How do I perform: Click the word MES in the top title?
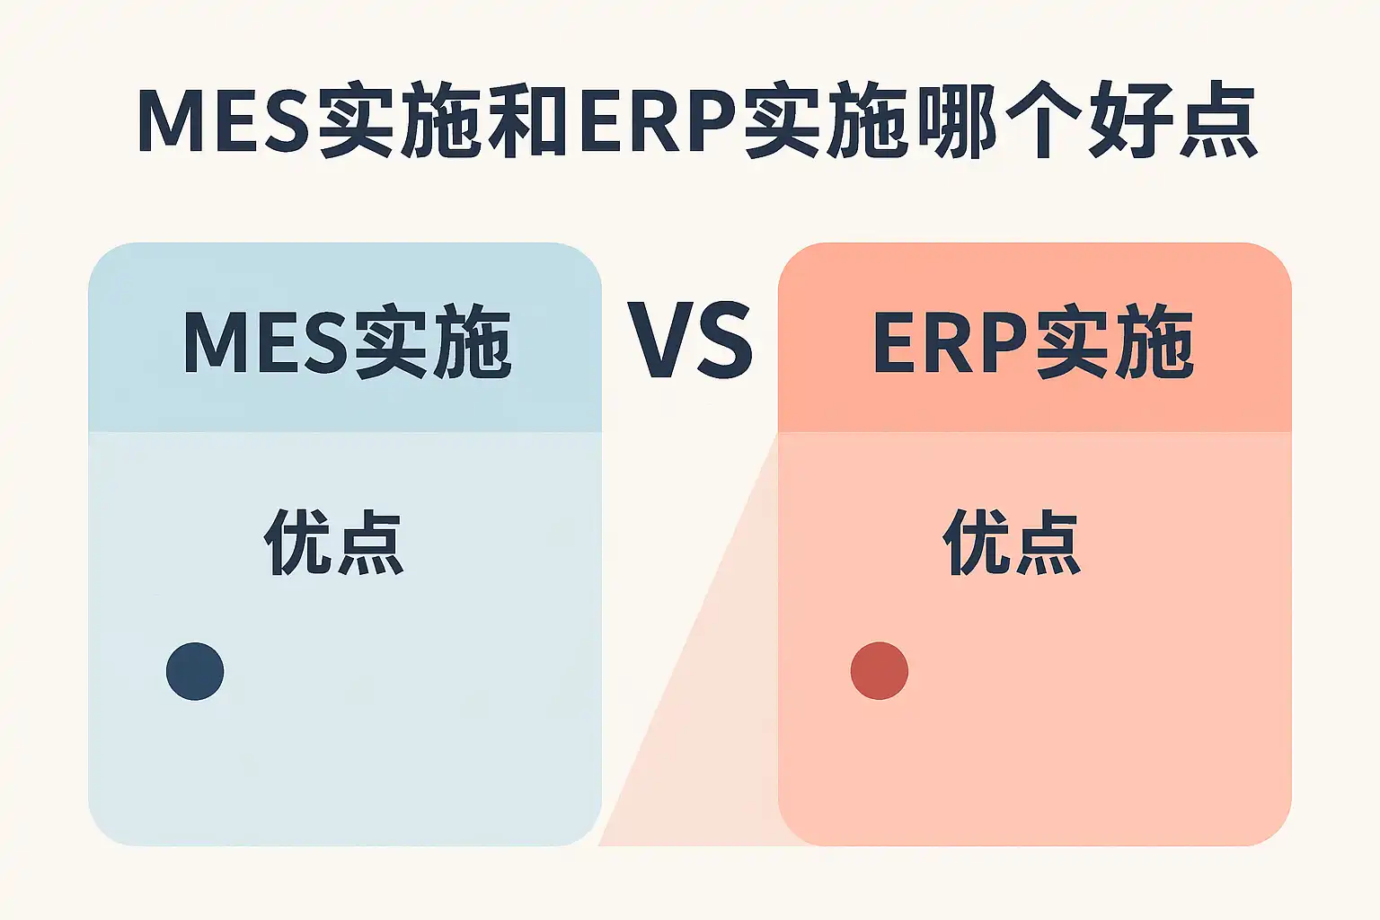[x=223, y=119]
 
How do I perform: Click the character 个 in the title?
[x=1042, y=119]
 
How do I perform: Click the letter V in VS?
[x=660, y=341]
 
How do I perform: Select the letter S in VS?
[x=724, y=341]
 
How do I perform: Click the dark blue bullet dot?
[x=195, y=671]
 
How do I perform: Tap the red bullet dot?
[x=880, y=671]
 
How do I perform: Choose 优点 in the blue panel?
[x=333, y=542]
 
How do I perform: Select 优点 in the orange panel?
[x=1012, y=542]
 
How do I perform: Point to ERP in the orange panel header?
[x=950, y=342]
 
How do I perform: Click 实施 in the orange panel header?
[x=1115, y=342]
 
